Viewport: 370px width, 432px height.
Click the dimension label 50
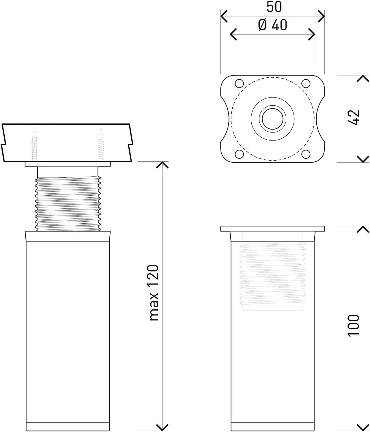tap(274, 7)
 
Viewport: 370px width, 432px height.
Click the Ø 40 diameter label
tap(272, 25)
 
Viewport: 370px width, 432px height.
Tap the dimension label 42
tap(354, 118)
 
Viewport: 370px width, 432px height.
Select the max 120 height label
tap(154, 293)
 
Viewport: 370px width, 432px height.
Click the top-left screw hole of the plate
tap(239, 83)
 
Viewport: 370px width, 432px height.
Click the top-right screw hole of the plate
tap(306, 83)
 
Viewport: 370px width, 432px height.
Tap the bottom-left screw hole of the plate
tap(239, 154)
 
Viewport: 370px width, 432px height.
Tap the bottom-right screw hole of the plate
tap(306, 154)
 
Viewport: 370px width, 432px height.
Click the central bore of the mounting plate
tap(272, 119)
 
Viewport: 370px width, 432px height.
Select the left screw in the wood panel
tap(35, 145)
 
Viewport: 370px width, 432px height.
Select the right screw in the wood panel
tap(101, 145)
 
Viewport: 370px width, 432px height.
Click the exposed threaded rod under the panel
tap(68, 204)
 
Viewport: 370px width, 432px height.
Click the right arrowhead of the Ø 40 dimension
tap(312, 34)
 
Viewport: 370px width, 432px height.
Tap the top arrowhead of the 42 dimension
tap(363, 78)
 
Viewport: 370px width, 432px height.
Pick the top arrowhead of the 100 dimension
tap(363, 229)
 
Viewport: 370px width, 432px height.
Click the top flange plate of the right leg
tap(272, 229)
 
